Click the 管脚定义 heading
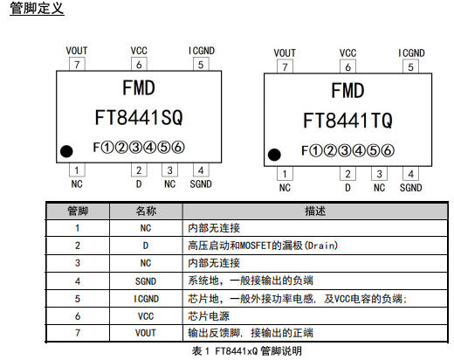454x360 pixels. (37, 8)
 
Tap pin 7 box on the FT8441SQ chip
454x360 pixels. (77, 64)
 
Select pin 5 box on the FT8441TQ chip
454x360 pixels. (410, 66)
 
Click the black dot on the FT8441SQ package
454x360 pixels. (66, 151)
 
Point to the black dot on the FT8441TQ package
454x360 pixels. (274, 155)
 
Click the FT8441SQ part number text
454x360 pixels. (139, 117)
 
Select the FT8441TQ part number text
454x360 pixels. (347, 121)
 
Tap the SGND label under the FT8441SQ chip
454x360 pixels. (201, 184)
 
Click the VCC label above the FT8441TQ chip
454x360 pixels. (347, 53)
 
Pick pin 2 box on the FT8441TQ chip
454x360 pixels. (347, 174)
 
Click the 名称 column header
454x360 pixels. (146, 211)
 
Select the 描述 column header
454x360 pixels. (315, 211)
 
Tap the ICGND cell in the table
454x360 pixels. (146, 299)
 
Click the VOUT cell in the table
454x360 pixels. (146, 333)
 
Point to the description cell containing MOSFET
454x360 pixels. (315, 246)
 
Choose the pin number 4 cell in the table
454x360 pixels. (78, 281)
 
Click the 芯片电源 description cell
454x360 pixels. (315, 316)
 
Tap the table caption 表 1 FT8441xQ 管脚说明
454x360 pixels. (247, 351)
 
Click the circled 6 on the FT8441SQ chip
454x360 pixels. (178, 148)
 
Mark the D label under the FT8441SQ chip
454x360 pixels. (139, 184)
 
